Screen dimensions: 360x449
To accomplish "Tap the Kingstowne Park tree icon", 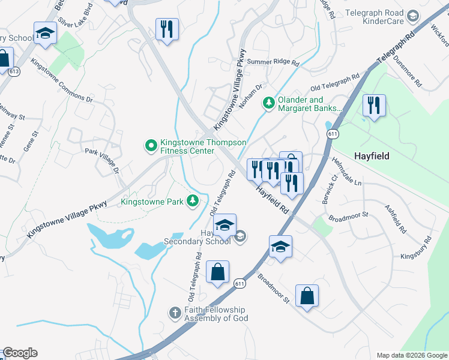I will coord(193,200).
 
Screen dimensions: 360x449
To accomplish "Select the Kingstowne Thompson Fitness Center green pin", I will coord(150,145).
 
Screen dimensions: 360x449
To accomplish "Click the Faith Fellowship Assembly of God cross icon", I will coord(175,313).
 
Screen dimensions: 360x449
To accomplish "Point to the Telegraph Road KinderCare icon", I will coord(412,16).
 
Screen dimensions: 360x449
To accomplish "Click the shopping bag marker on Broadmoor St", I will coord(307,296).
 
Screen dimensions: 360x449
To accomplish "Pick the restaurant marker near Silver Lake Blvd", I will coord(165,29).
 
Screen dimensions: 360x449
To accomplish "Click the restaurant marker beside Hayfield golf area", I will coord(373,106).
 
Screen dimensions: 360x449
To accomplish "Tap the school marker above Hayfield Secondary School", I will coord(225,225).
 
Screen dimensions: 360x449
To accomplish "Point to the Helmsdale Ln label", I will coord(346,172).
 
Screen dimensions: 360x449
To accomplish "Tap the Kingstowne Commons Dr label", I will coord(62,80).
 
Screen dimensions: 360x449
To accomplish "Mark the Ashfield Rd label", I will coord(396,220).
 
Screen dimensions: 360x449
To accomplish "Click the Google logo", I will coord(20,353).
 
